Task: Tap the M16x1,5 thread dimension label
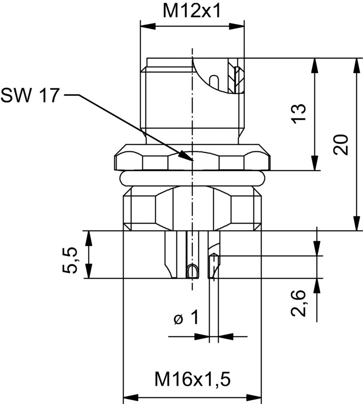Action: [x=192, y=378]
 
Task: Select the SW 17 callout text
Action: [x=30, y=95]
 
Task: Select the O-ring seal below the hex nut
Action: [x=192, y=178]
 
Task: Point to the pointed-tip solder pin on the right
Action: [x=213, y=266]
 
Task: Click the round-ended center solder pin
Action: [x=192, y=271]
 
